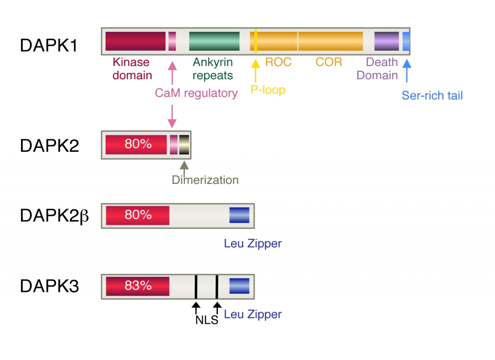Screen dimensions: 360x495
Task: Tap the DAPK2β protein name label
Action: (x=54, y=216)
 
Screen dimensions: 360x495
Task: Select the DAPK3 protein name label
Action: (x=49, y=286)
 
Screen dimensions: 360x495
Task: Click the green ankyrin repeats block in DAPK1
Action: (x=214, y=41)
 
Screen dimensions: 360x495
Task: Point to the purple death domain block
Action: (x=387, y=41)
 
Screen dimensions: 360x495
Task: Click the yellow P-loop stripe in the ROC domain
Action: (x=256, y=41)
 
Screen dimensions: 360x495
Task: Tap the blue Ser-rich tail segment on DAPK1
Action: (x=406, y=41)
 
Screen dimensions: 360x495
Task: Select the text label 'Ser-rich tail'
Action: (x=432, y=96)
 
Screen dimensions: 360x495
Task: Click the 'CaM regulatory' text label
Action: (x=196, y=93)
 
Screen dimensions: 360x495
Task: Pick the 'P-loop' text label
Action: (x=268, y=90)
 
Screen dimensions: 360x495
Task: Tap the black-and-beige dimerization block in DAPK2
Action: (x=184, y=144)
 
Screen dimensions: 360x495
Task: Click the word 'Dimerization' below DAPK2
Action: (x=205, y=180)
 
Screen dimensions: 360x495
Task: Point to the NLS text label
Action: (x=206, y=320)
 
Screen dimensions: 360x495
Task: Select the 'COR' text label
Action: (x=329, y=62)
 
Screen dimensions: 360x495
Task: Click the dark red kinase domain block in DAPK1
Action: (x=135, y=41)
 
